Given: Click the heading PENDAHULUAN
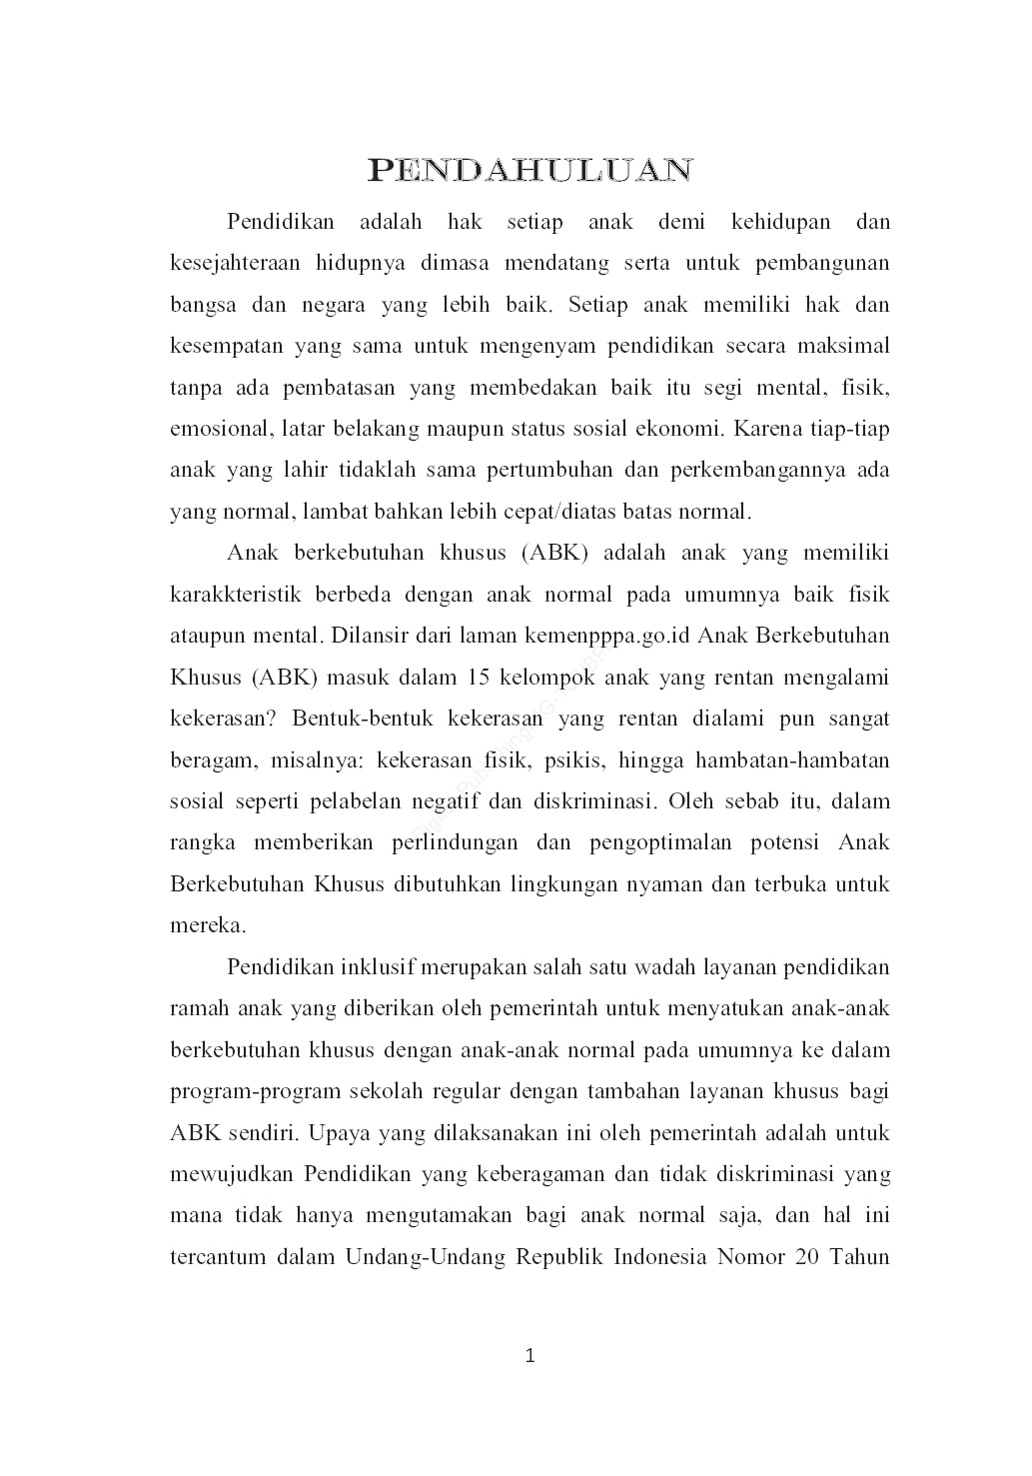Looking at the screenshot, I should [529, 171].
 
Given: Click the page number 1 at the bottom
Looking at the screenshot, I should [530, 1356].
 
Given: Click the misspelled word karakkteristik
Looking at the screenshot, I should [236, 596].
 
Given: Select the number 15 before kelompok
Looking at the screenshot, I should [479, 678].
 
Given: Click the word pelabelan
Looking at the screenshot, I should [355, 801].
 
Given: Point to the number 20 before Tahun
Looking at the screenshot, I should [807, 1257].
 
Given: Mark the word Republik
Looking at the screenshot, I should [558, 1257].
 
